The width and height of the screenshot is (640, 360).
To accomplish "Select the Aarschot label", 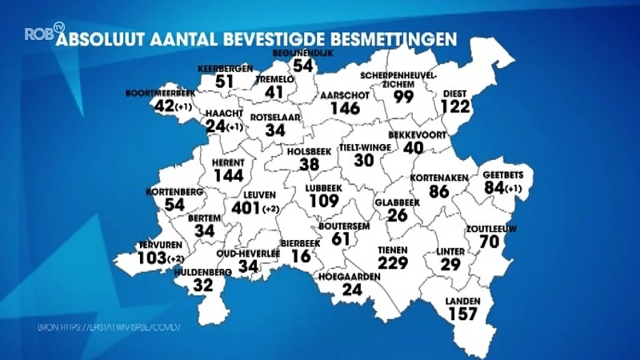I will pyautogui.click(x=339, y=94).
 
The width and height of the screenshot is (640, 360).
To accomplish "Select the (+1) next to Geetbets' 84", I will pyautogui.click(x=516, y=189).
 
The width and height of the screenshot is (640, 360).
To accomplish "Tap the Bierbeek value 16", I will pyautogui.click(x=300, y=256).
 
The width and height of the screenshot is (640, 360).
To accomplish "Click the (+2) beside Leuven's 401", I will pyautogui.click(x=272, y=210).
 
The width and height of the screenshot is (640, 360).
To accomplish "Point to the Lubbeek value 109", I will pyautogui.click(x=324, y=201).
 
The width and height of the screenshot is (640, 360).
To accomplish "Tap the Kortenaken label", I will pyautogui.click(x=438, y=177).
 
